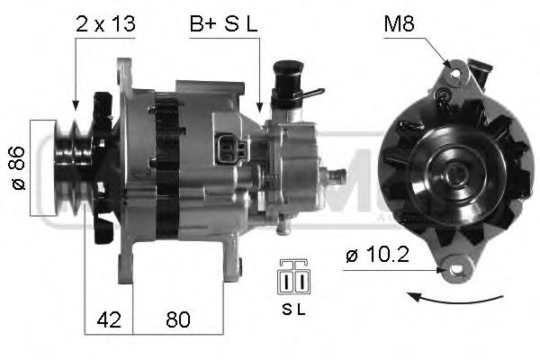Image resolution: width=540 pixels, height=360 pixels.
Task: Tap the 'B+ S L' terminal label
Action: (222, 24)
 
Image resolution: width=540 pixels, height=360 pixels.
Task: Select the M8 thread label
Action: (400, 24)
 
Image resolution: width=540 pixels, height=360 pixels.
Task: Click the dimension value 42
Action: (109, 320)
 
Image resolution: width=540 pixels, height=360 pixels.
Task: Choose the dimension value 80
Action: (177, 320)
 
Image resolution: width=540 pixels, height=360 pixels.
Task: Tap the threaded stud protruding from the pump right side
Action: (340, 175)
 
